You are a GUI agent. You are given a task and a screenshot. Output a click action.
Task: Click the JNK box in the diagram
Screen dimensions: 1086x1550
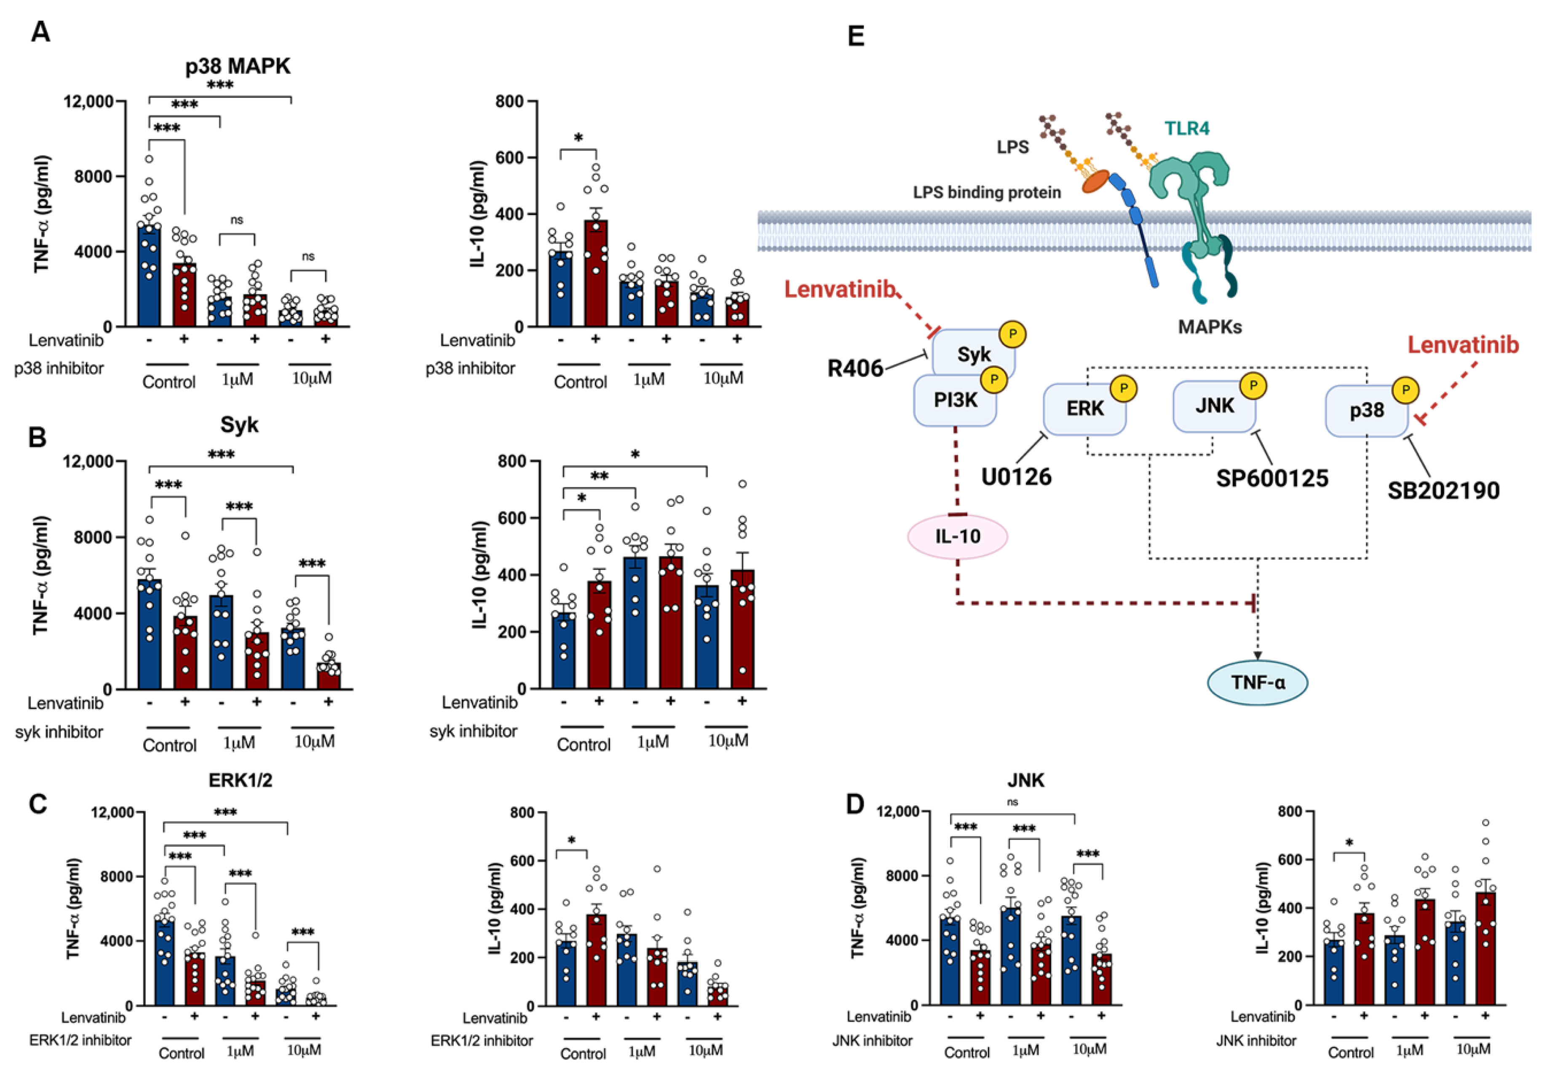[x=1215, y=406]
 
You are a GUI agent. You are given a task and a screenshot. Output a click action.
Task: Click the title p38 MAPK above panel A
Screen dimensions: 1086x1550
[x=238, y=66]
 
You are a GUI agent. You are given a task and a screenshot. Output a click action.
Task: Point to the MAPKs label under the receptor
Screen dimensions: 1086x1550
[x=1210, y=328]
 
